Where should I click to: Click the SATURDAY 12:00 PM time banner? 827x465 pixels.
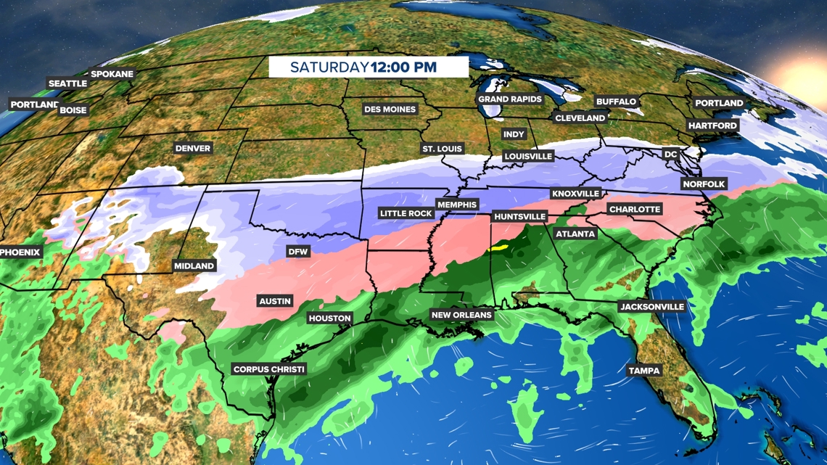(368, 67)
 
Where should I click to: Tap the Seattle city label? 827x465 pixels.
(67, 83)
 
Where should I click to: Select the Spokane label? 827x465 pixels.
(112, 74)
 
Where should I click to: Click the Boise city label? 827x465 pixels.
(73, 110)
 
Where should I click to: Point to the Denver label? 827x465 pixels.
(193, 148)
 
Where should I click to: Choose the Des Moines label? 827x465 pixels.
(390, 110)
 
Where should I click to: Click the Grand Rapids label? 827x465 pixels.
(510, 99)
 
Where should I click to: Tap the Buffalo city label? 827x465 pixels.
(616, 102)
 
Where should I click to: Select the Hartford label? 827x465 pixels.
(712, 125)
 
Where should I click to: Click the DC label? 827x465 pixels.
(670, 155)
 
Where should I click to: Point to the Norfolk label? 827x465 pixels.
(704, 184)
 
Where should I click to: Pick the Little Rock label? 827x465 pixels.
(406, 213)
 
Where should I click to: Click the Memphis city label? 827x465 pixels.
(456, 205)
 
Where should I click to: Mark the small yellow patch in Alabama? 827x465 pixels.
(498, 247)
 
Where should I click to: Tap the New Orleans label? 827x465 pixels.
(461, 315)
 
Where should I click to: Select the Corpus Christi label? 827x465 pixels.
(269, 369)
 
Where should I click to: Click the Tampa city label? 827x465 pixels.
(644, 371)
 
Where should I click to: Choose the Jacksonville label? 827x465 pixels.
(651, 307)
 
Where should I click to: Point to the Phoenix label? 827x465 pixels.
(21, 252)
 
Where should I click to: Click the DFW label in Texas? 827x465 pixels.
(298, 252)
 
